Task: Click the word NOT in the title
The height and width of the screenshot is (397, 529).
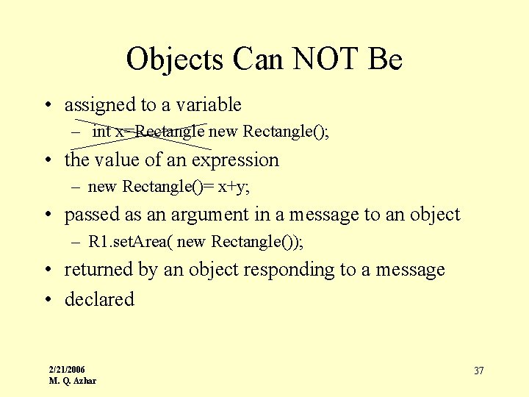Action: [321, 59]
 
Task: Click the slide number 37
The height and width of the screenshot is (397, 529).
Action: [478, 371]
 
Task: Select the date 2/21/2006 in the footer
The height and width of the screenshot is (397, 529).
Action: [67, 369]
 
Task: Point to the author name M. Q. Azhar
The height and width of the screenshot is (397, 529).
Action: [72, 381]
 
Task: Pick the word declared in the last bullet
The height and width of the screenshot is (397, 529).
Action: [99, 299]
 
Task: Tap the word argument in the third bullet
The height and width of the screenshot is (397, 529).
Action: [209, 215]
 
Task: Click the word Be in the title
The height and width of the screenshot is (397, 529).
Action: [385, 59]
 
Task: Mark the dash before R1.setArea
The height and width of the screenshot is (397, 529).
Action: [76, 242]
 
